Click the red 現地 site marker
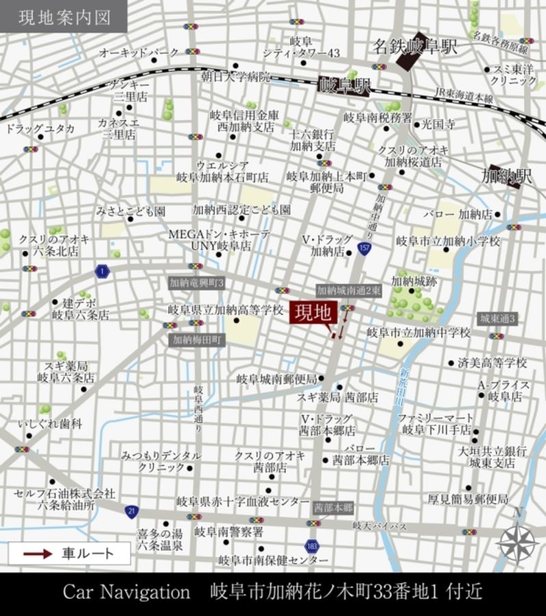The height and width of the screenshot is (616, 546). pyautogui.click(x=313, y=313)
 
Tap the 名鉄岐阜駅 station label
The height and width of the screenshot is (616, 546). pyautogui.click(x=415, y=47)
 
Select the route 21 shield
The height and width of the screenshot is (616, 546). pyautogui.click(x=130, y=511)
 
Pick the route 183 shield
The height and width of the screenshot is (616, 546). pyautogui.click(x=312, y=546)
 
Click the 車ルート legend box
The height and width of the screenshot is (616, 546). pyautogui.click(x=70, y=553)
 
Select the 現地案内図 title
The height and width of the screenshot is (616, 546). pyautogui.click(x=64, y=16)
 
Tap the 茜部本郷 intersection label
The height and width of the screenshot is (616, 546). pyautogui.click(x=333, y=508)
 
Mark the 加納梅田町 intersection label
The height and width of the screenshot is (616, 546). pyautogui.click(x=197, y=338)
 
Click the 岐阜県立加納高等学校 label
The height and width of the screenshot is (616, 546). pyautogui.click(x=226, y=310)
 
